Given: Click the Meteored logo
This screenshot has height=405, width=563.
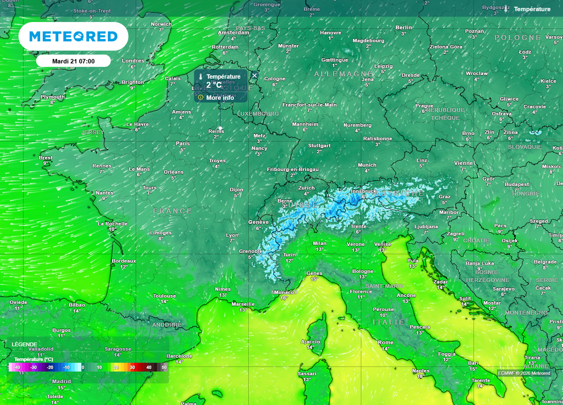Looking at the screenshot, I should tap(73, 36).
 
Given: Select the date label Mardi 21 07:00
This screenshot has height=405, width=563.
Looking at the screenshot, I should tap(73, 61).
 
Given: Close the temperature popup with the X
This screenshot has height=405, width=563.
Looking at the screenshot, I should tap(255, 75).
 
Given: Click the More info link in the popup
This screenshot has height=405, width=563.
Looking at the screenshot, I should tap(219, 97).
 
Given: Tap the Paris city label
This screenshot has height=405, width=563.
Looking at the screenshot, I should tap(183, 143).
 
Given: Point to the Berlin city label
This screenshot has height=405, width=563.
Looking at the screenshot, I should tap(404, 27).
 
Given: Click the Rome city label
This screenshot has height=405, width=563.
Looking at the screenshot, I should tap(385, 342).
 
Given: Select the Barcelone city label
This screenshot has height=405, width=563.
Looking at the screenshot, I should tap(179, 355).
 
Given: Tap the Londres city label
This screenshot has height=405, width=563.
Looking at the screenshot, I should tap(133, 61).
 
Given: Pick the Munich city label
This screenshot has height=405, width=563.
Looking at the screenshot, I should tap(367, 165).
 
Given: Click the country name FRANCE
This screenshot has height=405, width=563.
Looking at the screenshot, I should tap(173, 211).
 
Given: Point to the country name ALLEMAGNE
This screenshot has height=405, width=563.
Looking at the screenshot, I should tap(344, 74).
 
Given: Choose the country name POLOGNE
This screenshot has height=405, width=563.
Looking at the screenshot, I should tap(518, 37).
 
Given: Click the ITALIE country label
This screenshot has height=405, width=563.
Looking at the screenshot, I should tap(389, 322).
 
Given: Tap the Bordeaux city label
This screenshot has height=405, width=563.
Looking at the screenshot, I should tap(124, 260).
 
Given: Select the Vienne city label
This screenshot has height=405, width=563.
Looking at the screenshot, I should tap(463, 163).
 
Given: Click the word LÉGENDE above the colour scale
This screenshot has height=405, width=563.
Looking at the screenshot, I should tap(25, 344).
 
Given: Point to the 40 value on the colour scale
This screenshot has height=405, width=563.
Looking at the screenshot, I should tap(148, 367).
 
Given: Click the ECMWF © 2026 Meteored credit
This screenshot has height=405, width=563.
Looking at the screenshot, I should tap(524, 373).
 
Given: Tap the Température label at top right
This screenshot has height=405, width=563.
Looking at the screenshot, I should tap(532, 9).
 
